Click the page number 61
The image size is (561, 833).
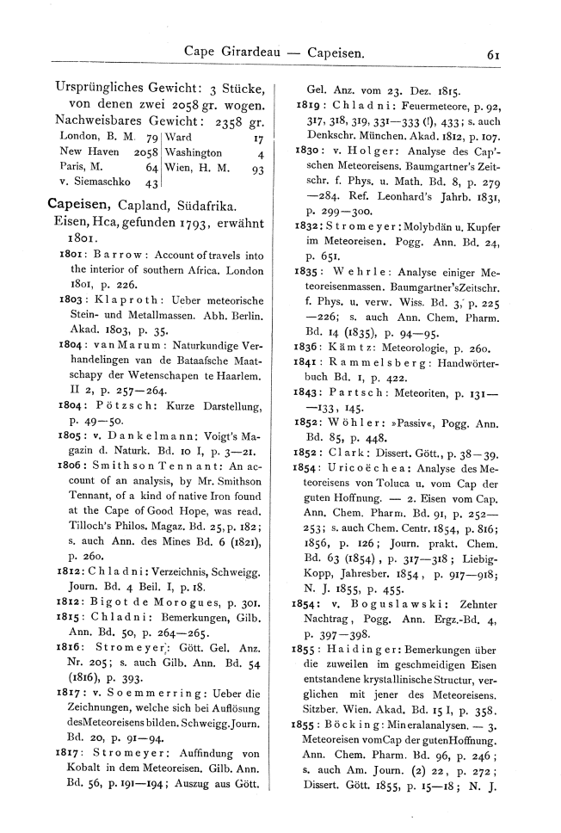click(x=493, y=53)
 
